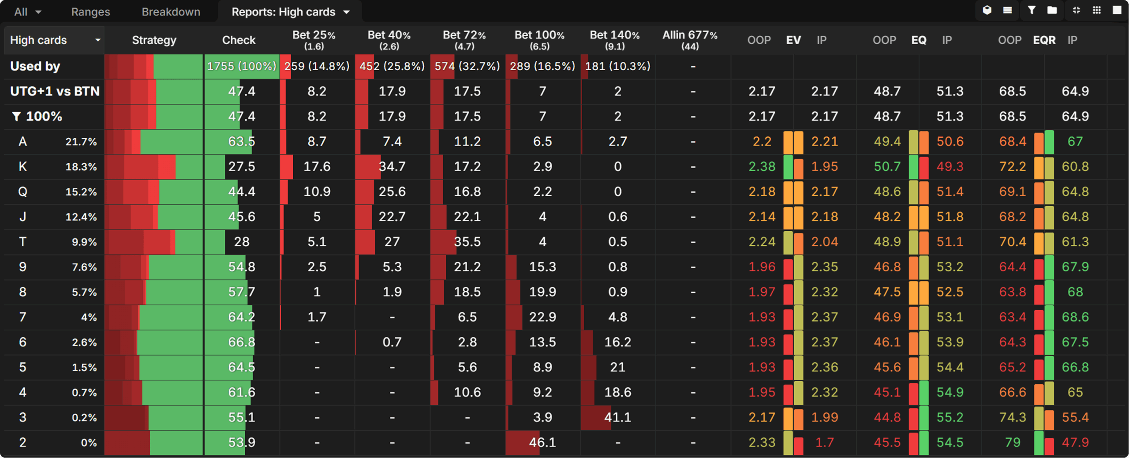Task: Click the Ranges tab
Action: [90, 12]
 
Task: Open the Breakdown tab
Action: [171, 12]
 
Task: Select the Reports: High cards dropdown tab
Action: [290, 12]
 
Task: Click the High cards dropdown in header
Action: [54, 40]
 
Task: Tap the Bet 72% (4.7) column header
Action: [464, 40]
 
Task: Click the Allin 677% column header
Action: [690, 40]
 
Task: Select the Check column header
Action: [239, 40]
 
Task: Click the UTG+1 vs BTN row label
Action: [55, 91]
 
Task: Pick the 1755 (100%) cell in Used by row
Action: [242, 66]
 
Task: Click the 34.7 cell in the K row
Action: [392, 166]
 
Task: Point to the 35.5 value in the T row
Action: [467, 242]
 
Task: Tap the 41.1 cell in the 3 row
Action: [617, 417]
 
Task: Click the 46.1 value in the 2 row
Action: [542, 442]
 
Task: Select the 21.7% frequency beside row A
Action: [81, 142]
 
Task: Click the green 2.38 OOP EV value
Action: [762, 166]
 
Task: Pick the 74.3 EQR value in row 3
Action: [1012, 417]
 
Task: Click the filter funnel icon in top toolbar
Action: [1032, 10]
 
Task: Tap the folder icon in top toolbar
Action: [1052, 10]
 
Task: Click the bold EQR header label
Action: [1044, 40]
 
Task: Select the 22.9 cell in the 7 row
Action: [542, 317]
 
